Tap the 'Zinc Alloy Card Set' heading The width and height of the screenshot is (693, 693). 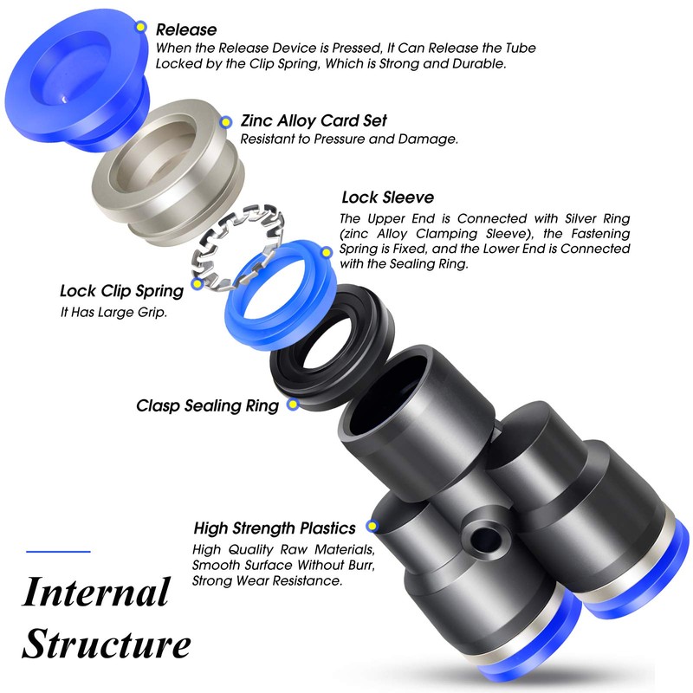313,120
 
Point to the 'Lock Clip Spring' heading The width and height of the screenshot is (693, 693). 121,291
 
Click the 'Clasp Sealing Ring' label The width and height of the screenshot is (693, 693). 208,405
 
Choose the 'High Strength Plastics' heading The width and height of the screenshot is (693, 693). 275,527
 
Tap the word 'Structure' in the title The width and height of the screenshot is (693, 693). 106,645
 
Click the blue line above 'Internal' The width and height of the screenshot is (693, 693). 58,551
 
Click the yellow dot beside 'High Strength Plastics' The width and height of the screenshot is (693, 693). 372,526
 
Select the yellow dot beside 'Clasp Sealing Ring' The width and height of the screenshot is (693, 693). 285,405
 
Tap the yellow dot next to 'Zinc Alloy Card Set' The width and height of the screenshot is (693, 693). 227,122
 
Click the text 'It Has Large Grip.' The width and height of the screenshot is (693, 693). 113,312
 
